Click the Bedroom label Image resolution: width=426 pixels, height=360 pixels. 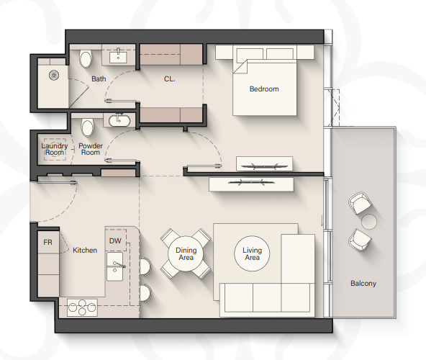[264, 89]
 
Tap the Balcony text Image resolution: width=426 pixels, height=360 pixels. [363, 284]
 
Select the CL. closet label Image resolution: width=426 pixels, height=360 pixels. [170, 79]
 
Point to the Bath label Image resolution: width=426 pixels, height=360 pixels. [99, 79]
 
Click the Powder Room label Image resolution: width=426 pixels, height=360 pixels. [91, 149]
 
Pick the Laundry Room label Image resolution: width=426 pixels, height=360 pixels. [55, 149]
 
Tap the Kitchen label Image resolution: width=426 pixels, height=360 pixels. [85, 250]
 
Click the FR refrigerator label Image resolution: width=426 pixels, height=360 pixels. [47, 242]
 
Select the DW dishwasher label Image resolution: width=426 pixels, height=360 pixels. [115, 240]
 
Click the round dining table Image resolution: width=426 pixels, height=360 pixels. [186, 253]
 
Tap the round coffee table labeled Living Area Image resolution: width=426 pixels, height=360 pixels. [252, 253]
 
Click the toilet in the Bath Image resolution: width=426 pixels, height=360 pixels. [86, 59]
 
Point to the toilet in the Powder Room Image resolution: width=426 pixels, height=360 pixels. [88, 128]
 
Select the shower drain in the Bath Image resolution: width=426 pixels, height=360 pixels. [54, 75]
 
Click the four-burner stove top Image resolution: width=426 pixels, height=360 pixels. [82, 307]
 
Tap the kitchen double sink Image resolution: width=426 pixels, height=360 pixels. [114, 266]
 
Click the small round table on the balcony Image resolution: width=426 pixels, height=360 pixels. [369, 222]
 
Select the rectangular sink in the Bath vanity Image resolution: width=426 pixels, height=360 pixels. [118, 57]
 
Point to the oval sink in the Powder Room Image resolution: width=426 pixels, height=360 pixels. [119, 121]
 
